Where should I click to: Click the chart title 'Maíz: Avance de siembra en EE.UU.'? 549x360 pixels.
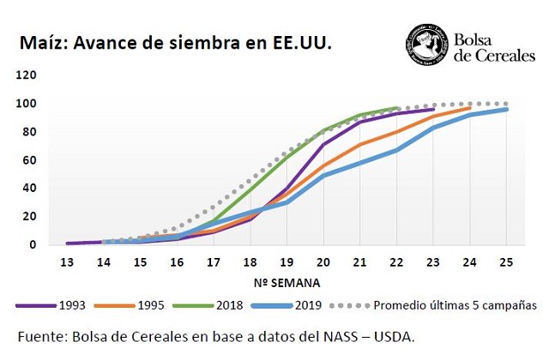pyautogui.click(x=176, y=43)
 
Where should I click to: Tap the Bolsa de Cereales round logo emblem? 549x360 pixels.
pyautogui.click(x=427, y=45)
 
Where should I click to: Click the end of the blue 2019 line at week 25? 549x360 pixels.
pyautogui.click(x=506, y=110)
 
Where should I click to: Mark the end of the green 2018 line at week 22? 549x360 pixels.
pyautogui.click(x=397, y=108)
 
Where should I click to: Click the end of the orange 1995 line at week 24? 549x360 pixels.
pyautogui.click(x=470, y=107)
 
